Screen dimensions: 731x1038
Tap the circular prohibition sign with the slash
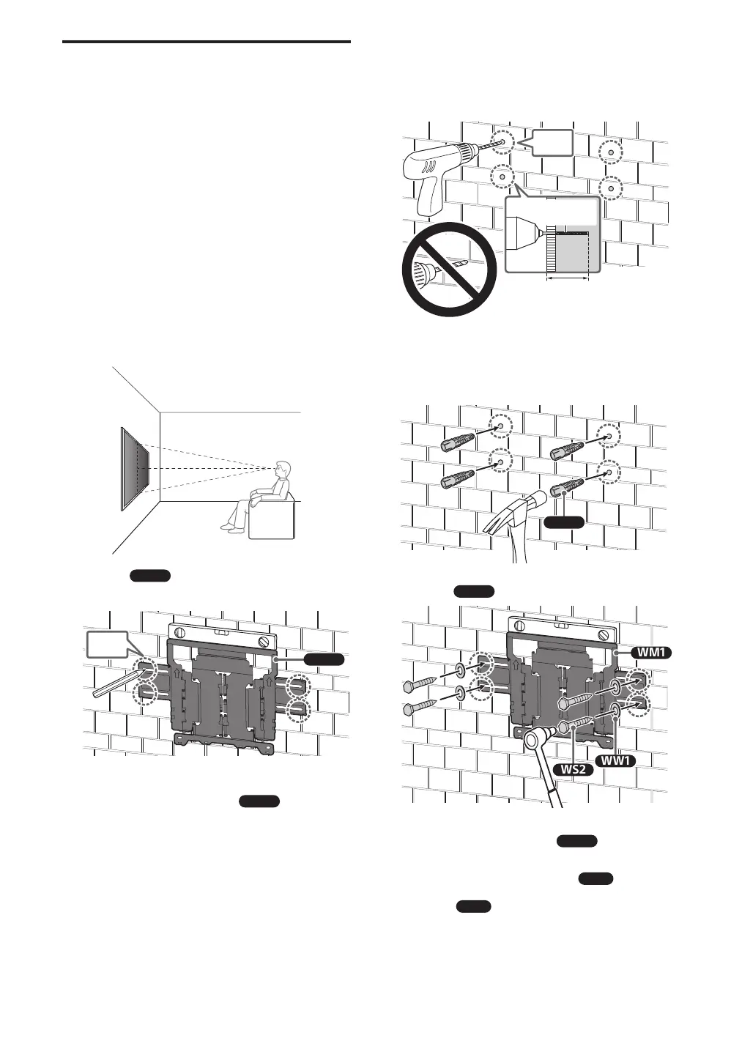449,269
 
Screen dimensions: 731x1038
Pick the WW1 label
617,760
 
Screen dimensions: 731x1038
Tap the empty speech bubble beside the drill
547,143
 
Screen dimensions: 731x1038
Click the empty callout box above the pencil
106,645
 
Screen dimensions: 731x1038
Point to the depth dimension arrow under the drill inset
568,278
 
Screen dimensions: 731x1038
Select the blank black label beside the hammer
565,522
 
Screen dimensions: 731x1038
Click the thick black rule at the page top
207,42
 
